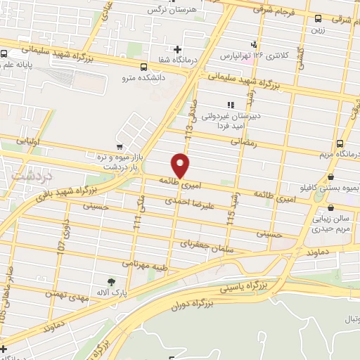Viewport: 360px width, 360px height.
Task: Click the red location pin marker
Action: click(x=181, y=165)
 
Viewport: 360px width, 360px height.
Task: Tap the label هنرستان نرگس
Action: click(x=169, y=10)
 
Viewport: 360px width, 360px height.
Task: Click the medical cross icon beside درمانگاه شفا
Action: click(x=177, y=50)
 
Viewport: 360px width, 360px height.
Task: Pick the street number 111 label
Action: click(x=138, y=225)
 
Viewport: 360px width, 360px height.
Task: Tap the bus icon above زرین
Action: click(x=319, y=18)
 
